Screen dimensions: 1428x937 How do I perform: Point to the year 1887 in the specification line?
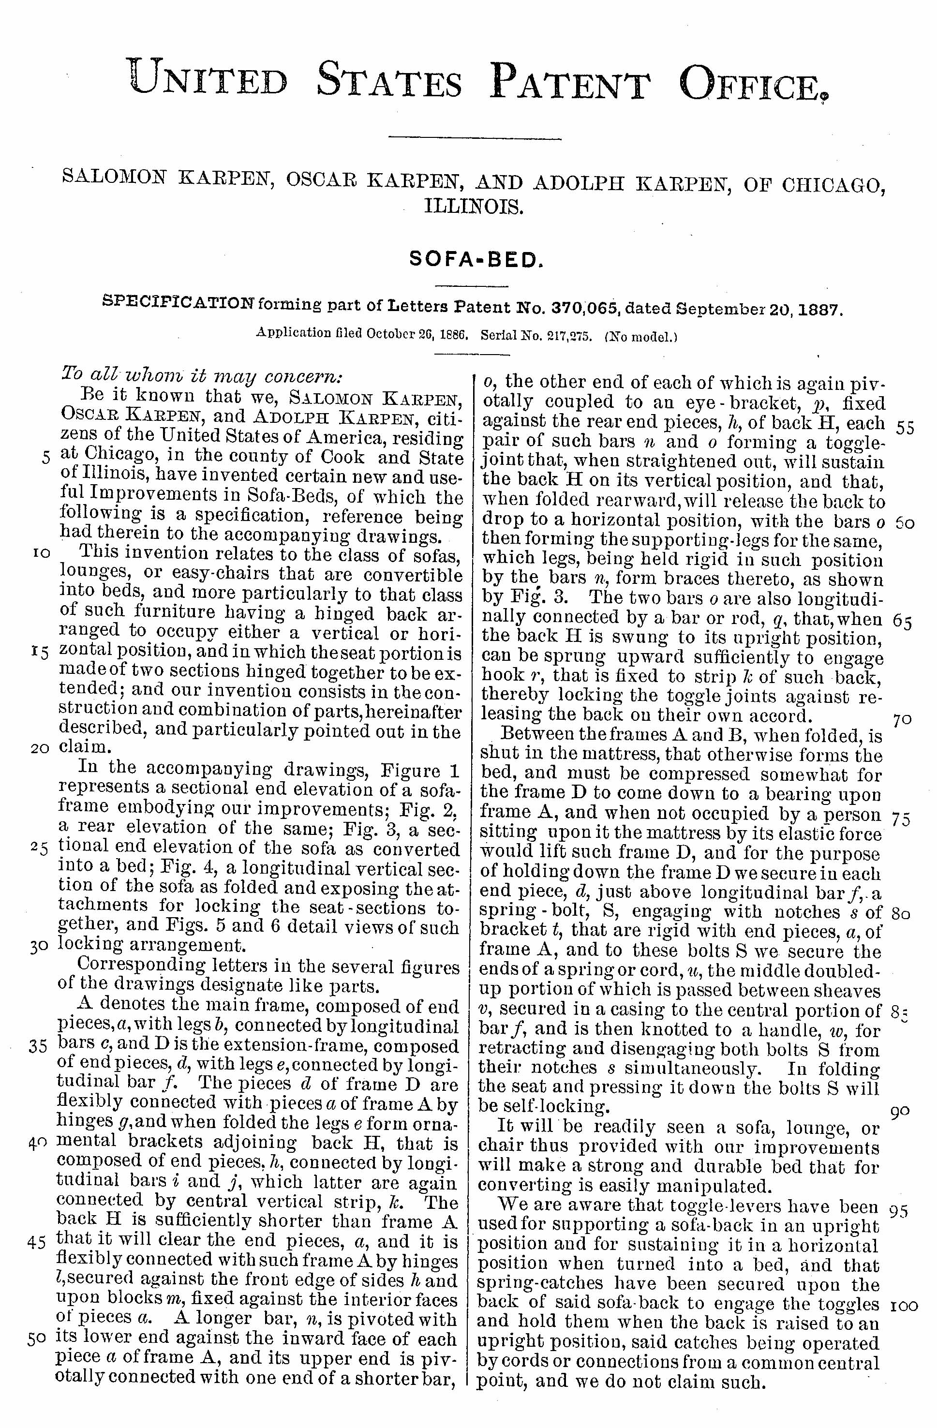(820, 310)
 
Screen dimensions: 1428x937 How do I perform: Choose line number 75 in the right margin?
(902, 819)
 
